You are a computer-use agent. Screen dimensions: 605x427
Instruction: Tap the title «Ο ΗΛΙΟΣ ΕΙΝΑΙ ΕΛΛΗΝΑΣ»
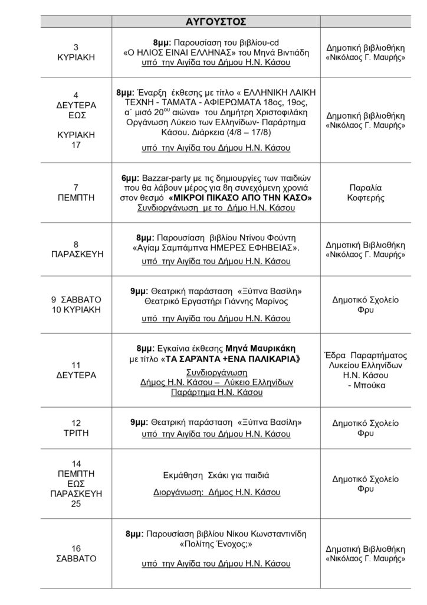click(x=175, y=53)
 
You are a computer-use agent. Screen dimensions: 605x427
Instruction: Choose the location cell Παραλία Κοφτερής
click(x=372, y=192)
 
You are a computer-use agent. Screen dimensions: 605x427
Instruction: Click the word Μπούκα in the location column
click(x=372, y=385)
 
